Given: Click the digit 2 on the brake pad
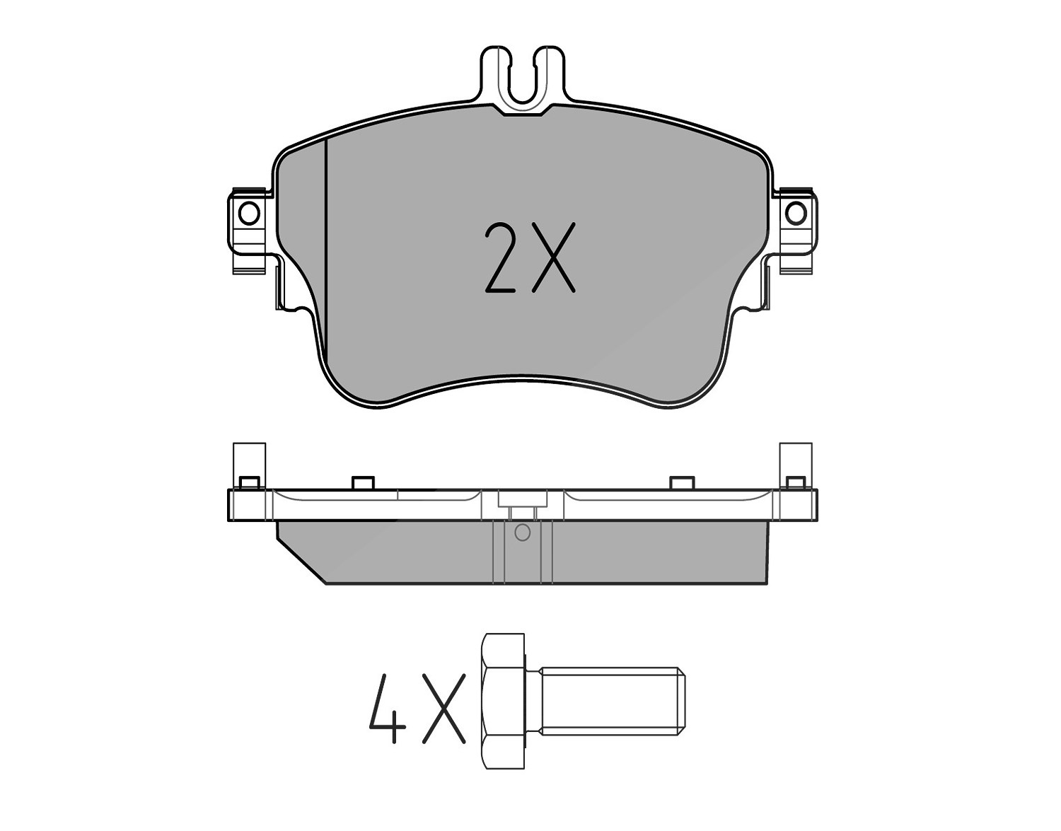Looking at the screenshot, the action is pos(500,257).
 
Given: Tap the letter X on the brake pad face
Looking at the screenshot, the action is pos(553,257).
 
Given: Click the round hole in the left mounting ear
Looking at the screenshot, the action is pos(249,214).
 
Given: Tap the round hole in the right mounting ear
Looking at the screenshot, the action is pos(796,214).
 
